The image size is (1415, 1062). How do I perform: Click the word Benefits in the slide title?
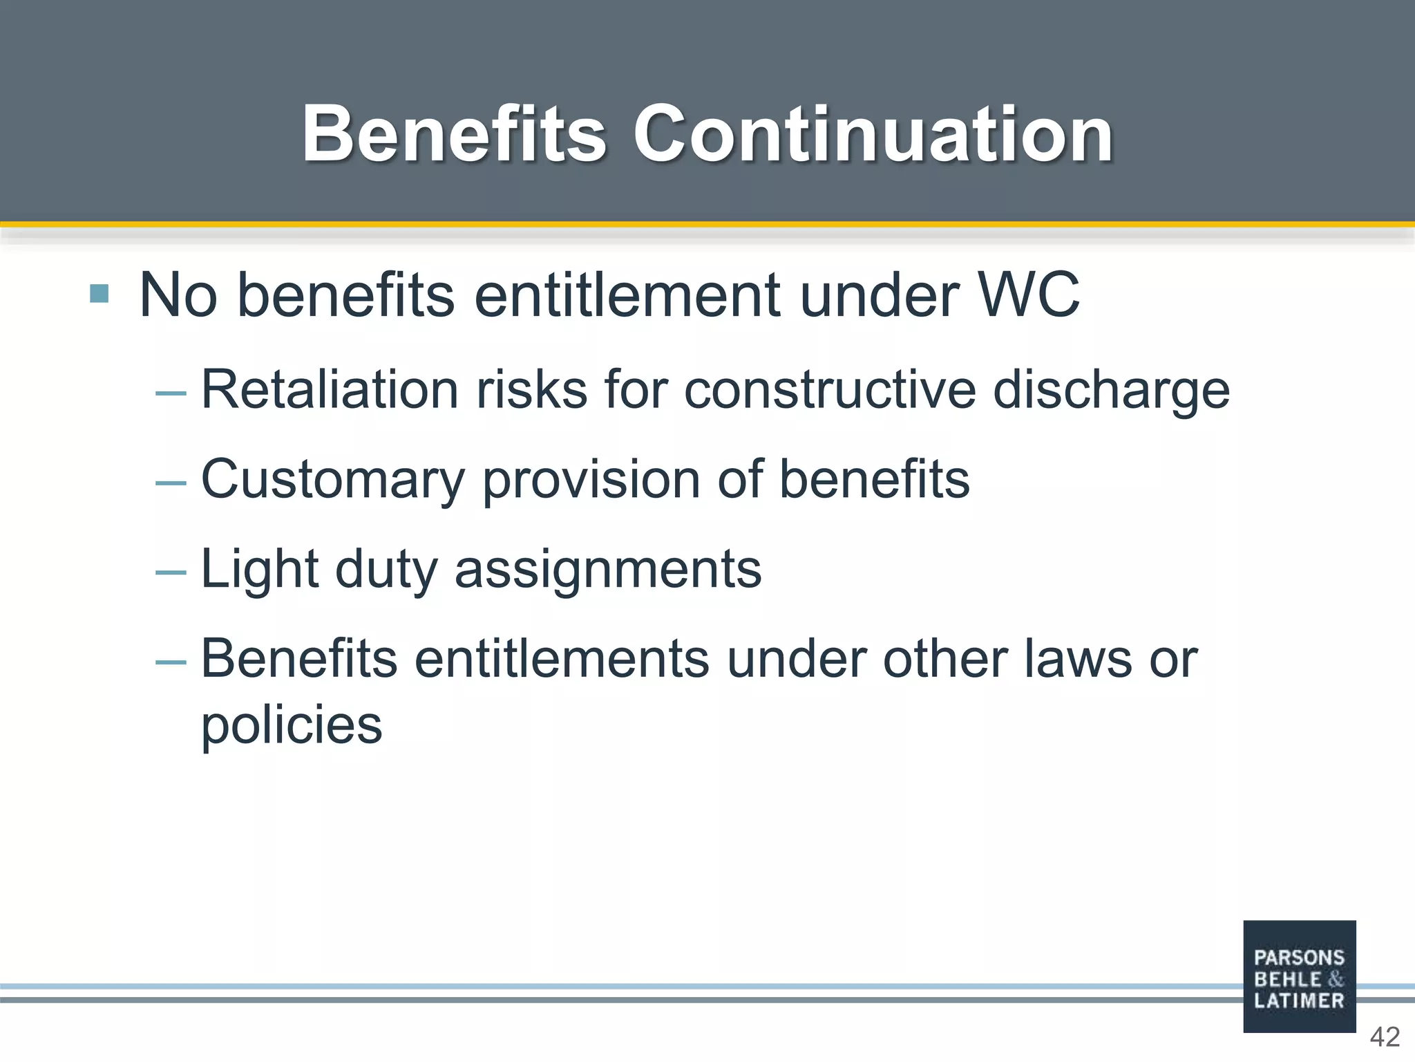(x=454, y=134)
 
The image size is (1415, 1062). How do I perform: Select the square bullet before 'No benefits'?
(x=99, y=294)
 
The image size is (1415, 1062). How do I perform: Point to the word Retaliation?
(x=330, y=390)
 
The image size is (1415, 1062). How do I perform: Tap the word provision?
(x=591, y=481)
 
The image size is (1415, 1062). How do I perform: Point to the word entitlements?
(x=562, y=659)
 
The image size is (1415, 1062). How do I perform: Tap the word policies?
(x=292, y=726)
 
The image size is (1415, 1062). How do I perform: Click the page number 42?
(x=1385, y=1037)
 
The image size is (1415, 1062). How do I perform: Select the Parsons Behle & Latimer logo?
(x=1299, y=976)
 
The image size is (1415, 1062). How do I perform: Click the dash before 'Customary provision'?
(x=171, y=483)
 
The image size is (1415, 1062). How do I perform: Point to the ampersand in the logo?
(x=1336, y=979)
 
